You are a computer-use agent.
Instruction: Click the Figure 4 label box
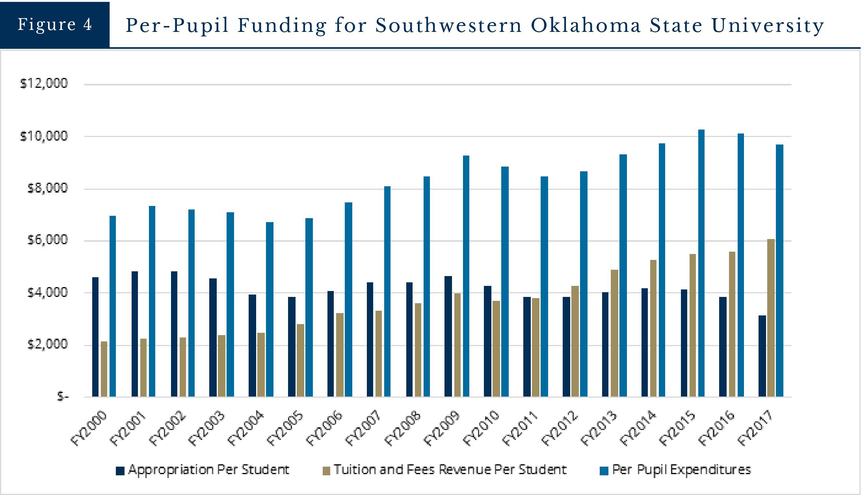(x=54, y=24)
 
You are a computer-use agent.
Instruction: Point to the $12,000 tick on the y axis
(x=44, y=83)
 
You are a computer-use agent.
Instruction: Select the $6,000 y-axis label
(x=47, y=240)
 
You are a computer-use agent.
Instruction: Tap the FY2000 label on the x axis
(x=90, y=428)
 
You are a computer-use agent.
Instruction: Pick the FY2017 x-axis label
(x=756, y=428)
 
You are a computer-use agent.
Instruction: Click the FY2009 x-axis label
(x=443, y=428)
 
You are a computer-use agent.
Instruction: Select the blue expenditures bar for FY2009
(x=466, y=276)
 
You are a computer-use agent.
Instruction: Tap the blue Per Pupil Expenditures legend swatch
(x=604, y=471)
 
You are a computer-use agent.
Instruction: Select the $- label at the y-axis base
(x=63, y=397)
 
